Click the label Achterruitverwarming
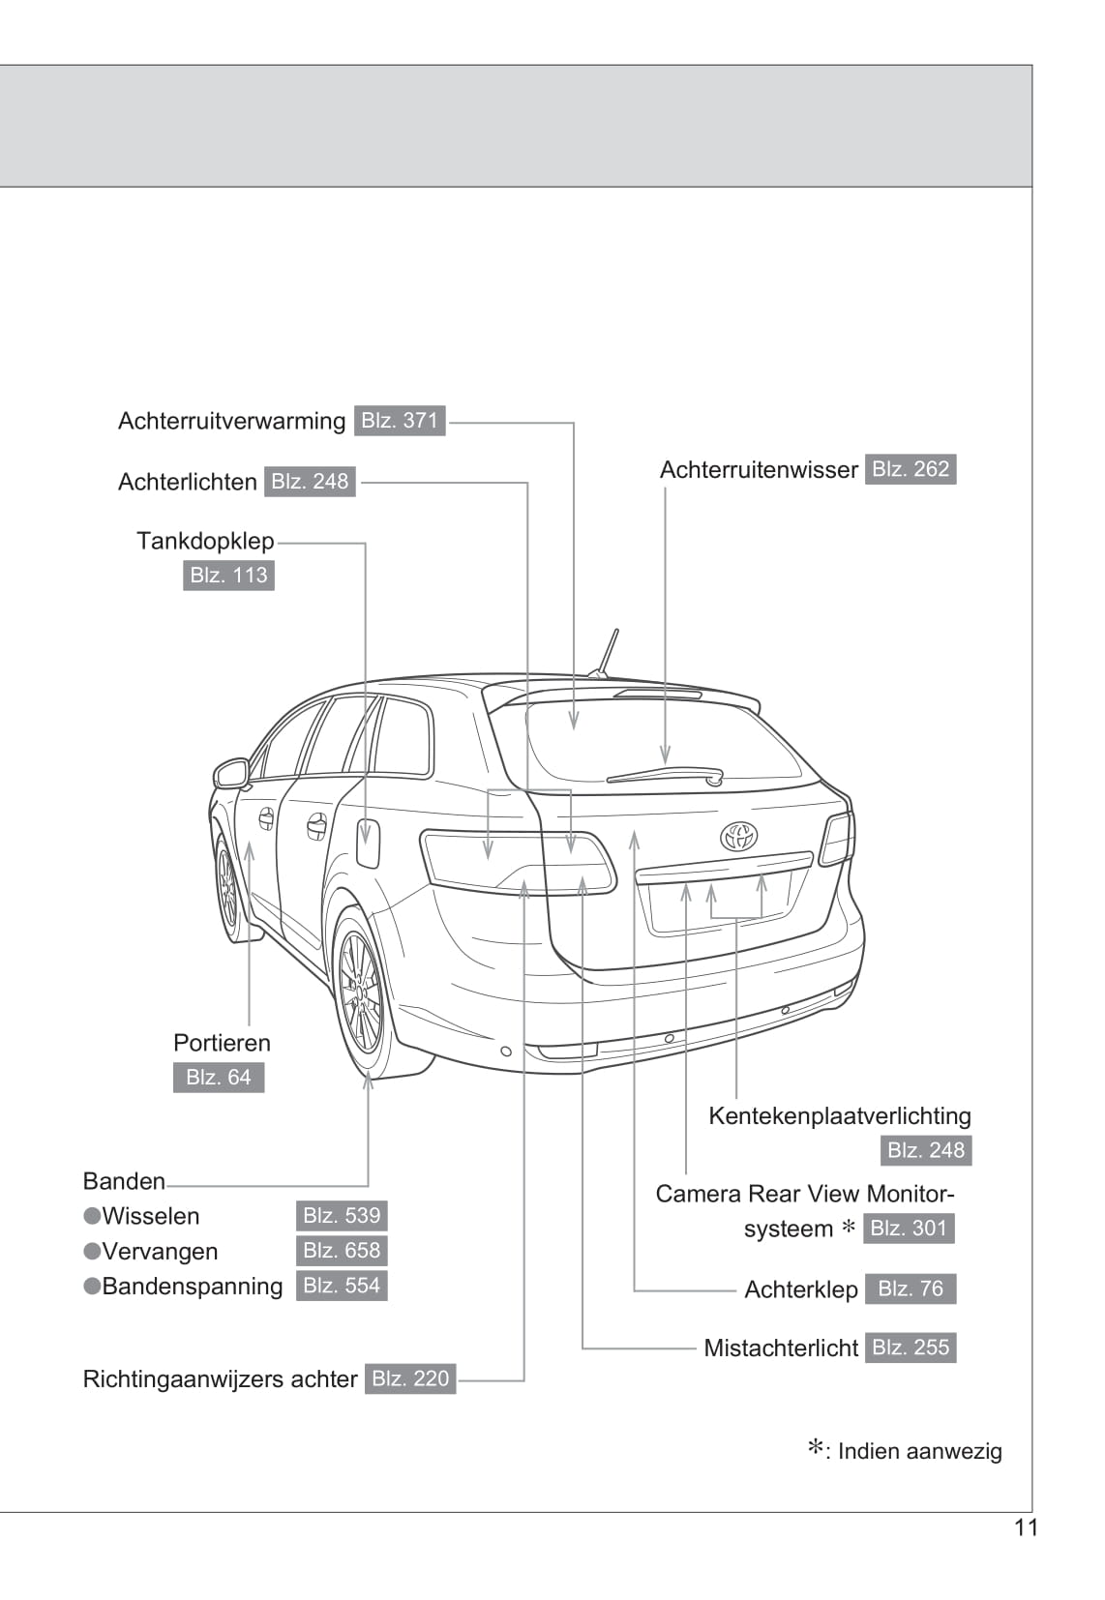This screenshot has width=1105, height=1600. click(x=231, y=421)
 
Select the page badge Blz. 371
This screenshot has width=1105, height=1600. click(x=400, y=421)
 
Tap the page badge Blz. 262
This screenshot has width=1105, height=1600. click(x=911, y=469)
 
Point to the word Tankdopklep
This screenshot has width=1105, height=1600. click(x=205, y=541)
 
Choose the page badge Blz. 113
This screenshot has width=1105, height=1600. click(x=228, y=576)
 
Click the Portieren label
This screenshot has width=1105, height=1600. click(x=222, y=1043)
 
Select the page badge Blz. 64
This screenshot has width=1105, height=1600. click(x=219, y=1078)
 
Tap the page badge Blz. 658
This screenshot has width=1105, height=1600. click(x=342, y=1251)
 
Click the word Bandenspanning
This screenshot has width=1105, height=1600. click(x=192, y=1287)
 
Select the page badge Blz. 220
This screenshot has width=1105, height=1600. click(x=410, y=1378)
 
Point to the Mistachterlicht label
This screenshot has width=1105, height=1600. click(x=781, y=1348)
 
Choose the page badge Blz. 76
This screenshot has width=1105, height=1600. click(x=910, y=1289)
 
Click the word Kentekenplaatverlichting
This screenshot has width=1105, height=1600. click(x=840, y=1115)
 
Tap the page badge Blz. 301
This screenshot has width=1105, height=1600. click(x=909, y=1229)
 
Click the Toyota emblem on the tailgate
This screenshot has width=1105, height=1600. click(x=738, y=836)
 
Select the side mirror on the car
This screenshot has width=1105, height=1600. click(x=231, y=773)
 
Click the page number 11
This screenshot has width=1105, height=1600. click(x=1026, y=1527)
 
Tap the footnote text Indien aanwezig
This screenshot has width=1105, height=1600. click(x=919, y=1451)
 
